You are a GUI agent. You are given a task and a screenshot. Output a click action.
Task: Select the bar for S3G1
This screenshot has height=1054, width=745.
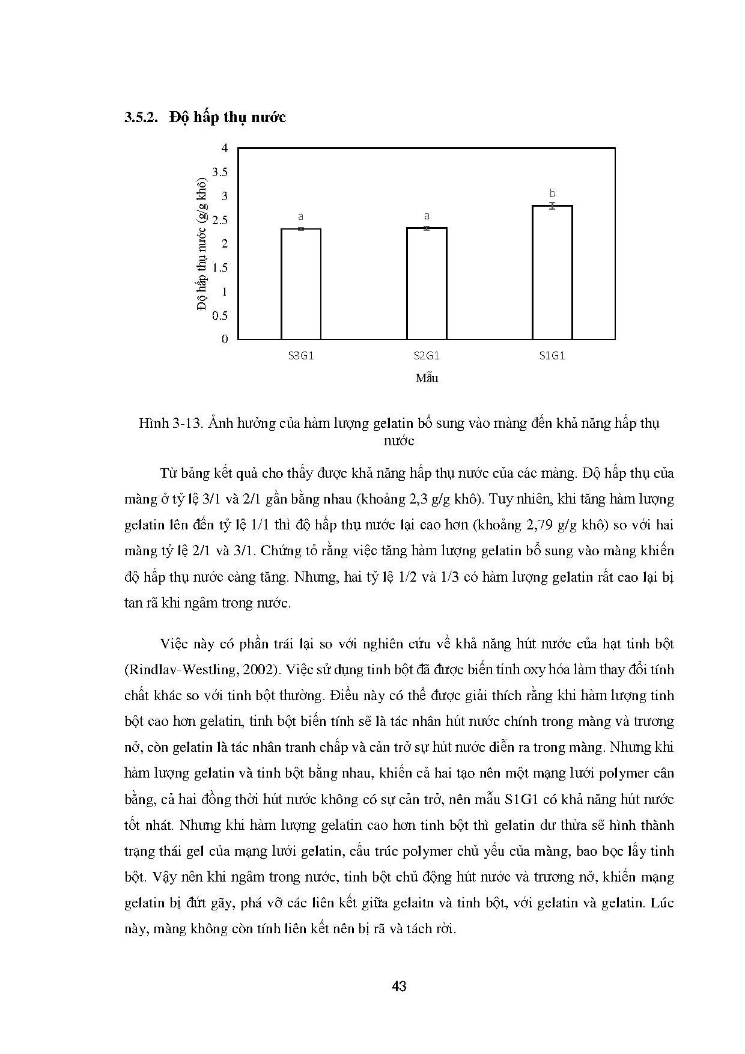(x=301, y=284)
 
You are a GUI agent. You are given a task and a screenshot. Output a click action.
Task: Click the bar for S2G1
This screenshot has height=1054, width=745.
(x=427, y=283)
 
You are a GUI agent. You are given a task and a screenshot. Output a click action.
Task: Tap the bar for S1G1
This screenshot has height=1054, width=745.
(x=552, y=272)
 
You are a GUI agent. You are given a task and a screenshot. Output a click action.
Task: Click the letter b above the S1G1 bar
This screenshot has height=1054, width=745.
(x=552, y=193)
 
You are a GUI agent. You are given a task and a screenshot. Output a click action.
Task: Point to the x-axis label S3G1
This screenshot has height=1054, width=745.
(x=301, y=356)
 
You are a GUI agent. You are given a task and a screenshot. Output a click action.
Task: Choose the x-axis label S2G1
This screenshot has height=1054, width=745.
(x=427, y=356)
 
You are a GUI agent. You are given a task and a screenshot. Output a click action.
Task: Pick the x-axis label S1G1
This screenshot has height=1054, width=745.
(x=552, y=356)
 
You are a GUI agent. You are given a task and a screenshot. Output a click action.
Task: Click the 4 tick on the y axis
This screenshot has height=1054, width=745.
(x=225, y=148)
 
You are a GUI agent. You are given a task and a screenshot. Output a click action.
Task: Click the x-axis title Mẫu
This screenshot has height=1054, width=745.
(x=427, y=379)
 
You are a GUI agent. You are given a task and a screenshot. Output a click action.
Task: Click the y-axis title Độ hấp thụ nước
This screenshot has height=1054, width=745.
(x=202, y=243)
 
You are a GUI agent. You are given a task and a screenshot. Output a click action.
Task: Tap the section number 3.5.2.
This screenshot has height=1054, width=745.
(x=141, y=117)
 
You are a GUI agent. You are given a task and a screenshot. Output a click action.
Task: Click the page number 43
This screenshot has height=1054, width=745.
(x=399, y=986)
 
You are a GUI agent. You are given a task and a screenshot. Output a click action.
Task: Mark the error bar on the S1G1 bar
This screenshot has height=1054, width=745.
(x=552, y=206)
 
